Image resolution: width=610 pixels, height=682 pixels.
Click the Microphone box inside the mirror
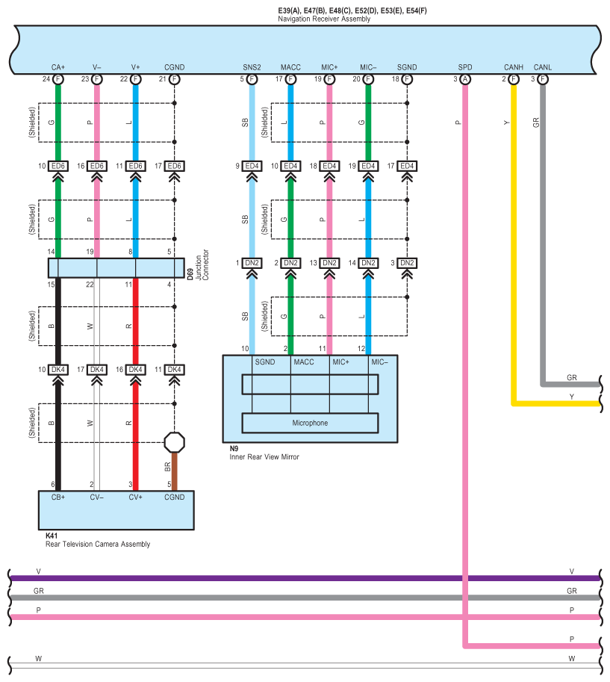(x=310, y=423)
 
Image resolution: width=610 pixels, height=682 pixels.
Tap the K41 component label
(x=52, y=536)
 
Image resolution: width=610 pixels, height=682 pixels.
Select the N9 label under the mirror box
(x=234, y=448)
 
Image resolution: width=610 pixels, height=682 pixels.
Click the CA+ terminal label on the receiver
(x=58, y=67)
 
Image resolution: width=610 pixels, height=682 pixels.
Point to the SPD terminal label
(x=465, y=67)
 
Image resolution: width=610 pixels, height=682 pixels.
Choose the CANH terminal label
(x=513, y=67)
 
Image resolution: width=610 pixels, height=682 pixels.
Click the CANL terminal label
(x=543, y=67)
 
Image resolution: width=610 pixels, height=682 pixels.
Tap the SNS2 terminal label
(x=252, y=67)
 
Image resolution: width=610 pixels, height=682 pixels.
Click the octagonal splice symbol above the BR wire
(x=175, y=442)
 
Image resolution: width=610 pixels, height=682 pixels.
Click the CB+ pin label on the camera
(x=58, y=497)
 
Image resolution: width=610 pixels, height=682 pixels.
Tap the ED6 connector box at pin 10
(x=58, y=166)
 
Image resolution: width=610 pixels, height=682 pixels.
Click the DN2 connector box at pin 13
(x=329, y=263)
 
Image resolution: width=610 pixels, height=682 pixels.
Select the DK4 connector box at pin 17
(x=97, y=370)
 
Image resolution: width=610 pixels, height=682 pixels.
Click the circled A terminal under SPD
(x=465, y=79)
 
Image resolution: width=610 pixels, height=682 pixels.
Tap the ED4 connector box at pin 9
(x=252, y=166)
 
